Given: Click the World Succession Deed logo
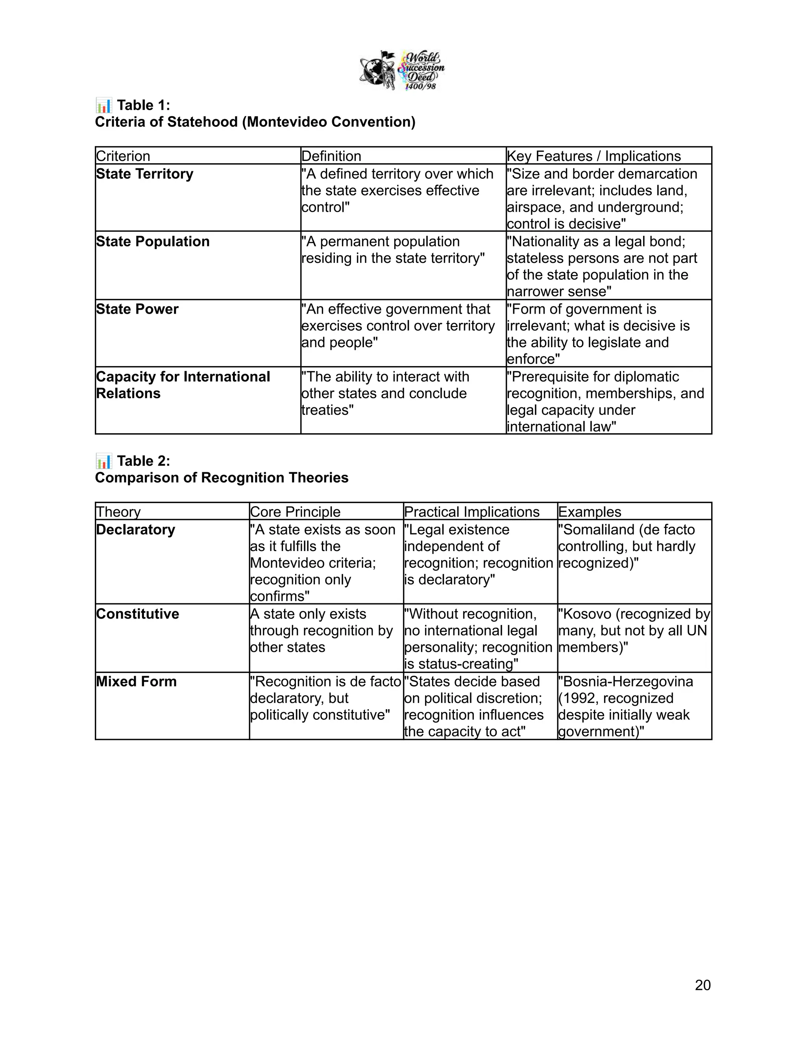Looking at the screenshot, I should point(402,71).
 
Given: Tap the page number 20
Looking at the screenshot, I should point(702,985).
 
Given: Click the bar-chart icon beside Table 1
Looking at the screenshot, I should point(104,105).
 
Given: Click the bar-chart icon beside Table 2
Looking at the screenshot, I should point(104,461).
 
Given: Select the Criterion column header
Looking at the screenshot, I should point(123,156).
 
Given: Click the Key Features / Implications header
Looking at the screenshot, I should point(593,156).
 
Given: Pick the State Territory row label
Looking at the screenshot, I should point(145,174).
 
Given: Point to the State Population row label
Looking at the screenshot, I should point(153,242).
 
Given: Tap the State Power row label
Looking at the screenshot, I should point(137,309).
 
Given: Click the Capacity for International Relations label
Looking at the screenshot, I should point(183,385).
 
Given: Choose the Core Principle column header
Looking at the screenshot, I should point(295,512).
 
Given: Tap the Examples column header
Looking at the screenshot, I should point(590,512).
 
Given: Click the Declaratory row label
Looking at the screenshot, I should point(136,530).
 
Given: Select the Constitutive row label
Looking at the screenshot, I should point(137,614).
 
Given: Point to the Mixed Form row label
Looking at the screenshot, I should point(136,681).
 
